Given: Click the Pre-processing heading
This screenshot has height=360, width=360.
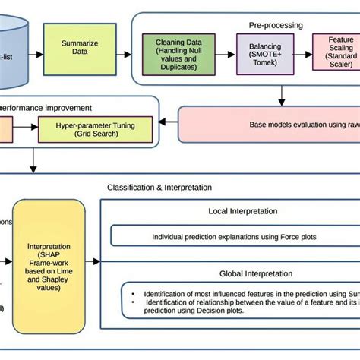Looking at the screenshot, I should pyautogui.click(x=274, y=25).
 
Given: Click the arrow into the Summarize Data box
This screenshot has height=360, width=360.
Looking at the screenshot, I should pyautogui.click(x=36, y=47).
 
